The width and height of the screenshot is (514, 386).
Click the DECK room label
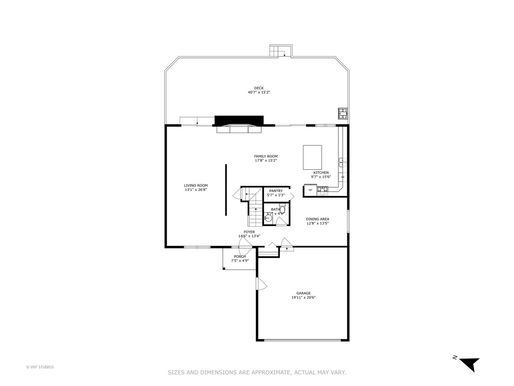click(259, 88)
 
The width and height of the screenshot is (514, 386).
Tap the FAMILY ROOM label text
click(266, 156)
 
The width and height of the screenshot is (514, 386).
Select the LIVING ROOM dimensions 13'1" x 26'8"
click(196, 190)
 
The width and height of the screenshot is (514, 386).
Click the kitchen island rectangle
click(312, 157)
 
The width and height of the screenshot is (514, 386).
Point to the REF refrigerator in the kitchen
click(310, 190)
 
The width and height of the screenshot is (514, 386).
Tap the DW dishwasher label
click(343, 177)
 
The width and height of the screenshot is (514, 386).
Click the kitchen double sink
click(342, 162)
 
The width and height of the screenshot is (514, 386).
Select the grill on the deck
click(343, 114)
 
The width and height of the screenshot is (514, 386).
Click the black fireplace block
click(239, 120)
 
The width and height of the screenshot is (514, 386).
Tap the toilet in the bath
click(282, 209)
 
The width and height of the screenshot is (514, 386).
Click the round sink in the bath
click(269, 217)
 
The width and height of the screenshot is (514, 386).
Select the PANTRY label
click(276, 191)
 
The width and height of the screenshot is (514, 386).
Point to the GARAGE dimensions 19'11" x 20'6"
click(303, 297)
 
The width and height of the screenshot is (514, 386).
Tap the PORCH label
click(240, 256)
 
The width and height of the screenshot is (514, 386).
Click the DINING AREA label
click(317, 219)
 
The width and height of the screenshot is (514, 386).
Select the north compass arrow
click(469, 364)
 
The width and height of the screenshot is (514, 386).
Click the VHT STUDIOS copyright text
click(40, 367)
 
